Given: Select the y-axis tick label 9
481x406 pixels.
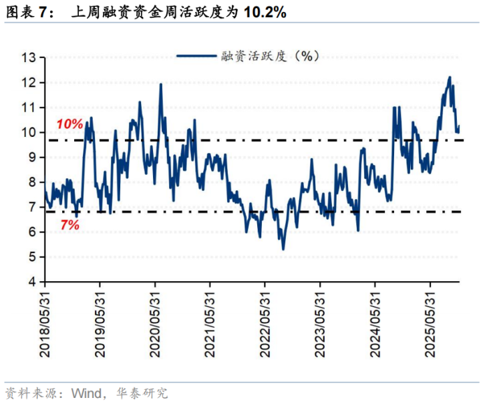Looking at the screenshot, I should click(31, 158).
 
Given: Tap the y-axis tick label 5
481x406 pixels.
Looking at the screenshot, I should click(31, 257).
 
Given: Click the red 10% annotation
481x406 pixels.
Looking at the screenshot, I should click(69, 124).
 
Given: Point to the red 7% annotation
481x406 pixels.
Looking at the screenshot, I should click(69, 226).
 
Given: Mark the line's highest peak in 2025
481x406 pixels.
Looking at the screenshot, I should click(449, 77).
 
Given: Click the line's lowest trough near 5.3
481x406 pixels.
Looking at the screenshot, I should click(283, 249).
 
